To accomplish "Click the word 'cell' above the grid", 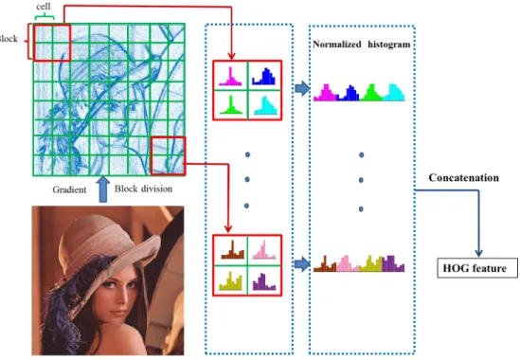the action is coord(44,7).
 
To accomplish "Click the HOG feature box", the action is coord(477,268).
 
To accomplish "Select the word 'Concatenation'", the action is coord(463,178).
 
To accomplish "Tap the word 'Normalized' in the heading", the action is coord(337,45).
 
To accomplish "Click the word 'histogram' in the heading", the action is coord(389,45).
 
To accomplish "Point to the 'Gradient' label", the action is coord(69,189).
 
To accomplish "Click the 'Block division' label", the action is coord(143,189).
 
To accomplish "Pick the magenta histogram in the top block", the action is coord(230,77).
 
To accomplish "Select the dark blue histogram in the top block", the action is coord(263,77).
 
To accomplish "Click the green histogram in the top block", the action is coord(231,105).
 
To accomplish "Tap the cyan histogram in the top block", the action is coord(265,105).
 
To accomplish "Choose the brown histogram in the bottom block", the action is coord(232,249).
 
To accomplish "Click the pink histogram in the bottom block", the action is coord(264,249).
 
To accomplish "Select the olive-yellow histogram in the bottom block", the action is coord(230,281).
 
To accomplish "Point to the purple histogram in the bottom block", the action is coord(264,281).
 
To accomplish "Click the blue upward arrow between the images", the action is coord(103,189).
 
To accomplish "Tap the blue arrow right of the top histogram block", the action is coord(302,88).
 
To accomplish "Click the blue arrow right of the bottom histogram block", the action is coord(302,264).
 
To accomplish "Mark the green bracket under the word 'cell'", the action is coord(45,16).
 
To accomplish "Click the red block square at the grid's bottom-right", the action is coord(152,156).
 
